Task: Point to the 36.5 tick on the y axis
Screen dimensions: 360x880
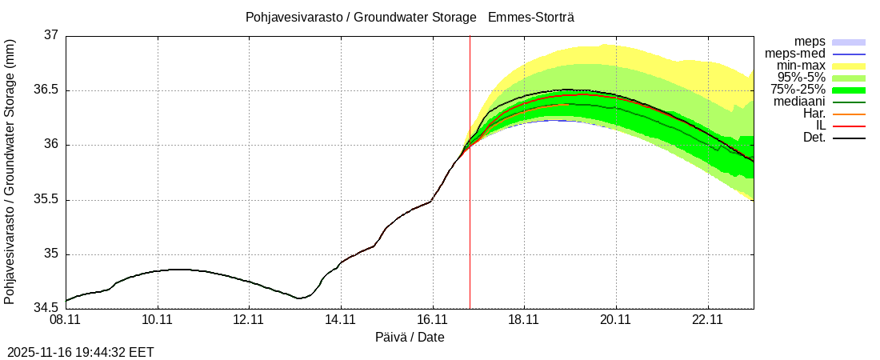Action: tap(46, 90)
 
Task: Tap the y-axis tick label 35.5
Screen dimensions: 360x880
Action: tap(46, 200)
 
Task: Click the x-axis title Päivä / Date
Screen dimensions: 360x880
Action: tap(410, 338)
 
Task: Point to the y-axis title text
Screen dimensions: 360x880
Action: tap(10, 171)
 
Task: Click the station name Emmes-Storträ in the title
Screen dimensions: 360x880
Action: tap(531, 17)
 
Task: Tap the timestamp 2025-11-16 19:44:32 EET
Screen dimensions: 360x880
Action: tap(81, 351)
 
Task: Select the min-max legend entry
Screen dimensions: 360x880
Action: tap(801, 65)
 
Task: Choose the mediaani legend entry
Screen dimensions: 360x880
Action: tap(799, 102)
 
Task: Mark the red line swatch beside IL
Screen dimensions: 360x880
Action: tap(849, 126)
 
